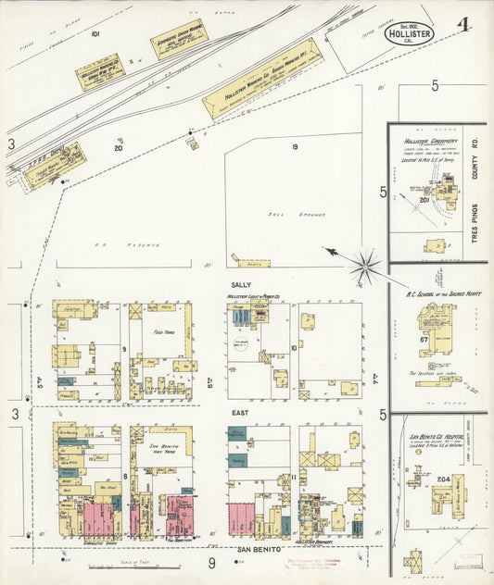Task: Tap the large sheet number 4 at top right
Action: click(461, 20)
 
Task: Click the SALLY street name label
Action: click(242, 285)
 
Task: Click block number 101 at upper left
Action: click(95, 33)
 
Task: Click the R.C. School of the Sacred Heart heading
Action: click(438, 292)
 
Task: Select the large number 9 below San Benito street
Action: click(211, 562)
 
